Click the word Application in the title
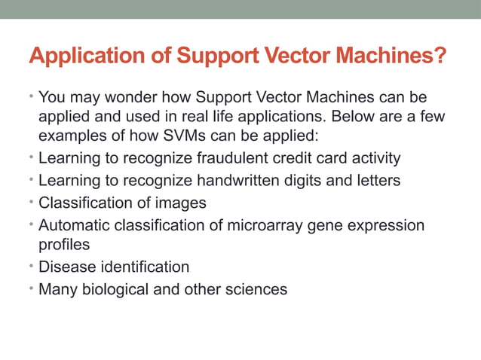click(80, 56)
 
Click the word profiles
click(64, 245)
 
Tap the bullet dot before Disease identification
click(32, 267)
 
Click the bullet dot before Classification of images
click(32, 203)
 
